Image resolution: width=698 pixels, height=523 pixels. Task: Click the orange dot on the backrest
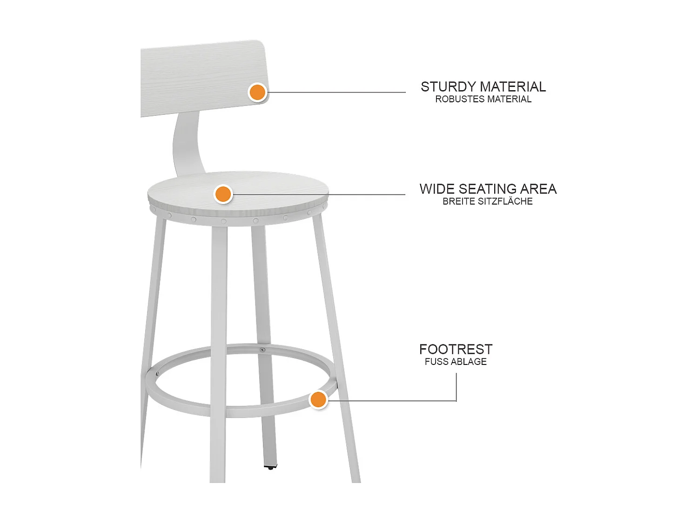pyautogui.click(x=257, y=92)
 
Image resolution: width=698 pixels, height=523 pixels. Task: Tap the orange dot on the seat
pyautogui.click(x=223, y=194)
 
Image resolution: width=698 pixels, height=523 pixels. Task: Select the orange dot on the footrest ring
pyautogui.click(x=318, y=400)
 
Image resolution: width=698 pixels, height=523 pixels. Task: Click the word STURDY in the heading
pyautogui.click(x=448, y=87)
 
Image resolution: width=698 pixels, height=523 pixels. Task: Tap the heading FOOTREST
pyautogui.click(x=456, y=349)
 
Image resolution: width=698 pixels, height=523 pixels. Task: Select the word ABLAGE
pyautogui.click(x=469, y=362)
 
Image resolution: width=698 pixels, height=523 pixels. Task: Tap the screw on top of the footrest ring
pyautogui.click(x=262, y=350)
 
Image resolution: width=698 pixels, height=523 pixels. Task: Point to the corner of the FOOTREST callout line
pyautogui.click(x=456, y=400)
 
